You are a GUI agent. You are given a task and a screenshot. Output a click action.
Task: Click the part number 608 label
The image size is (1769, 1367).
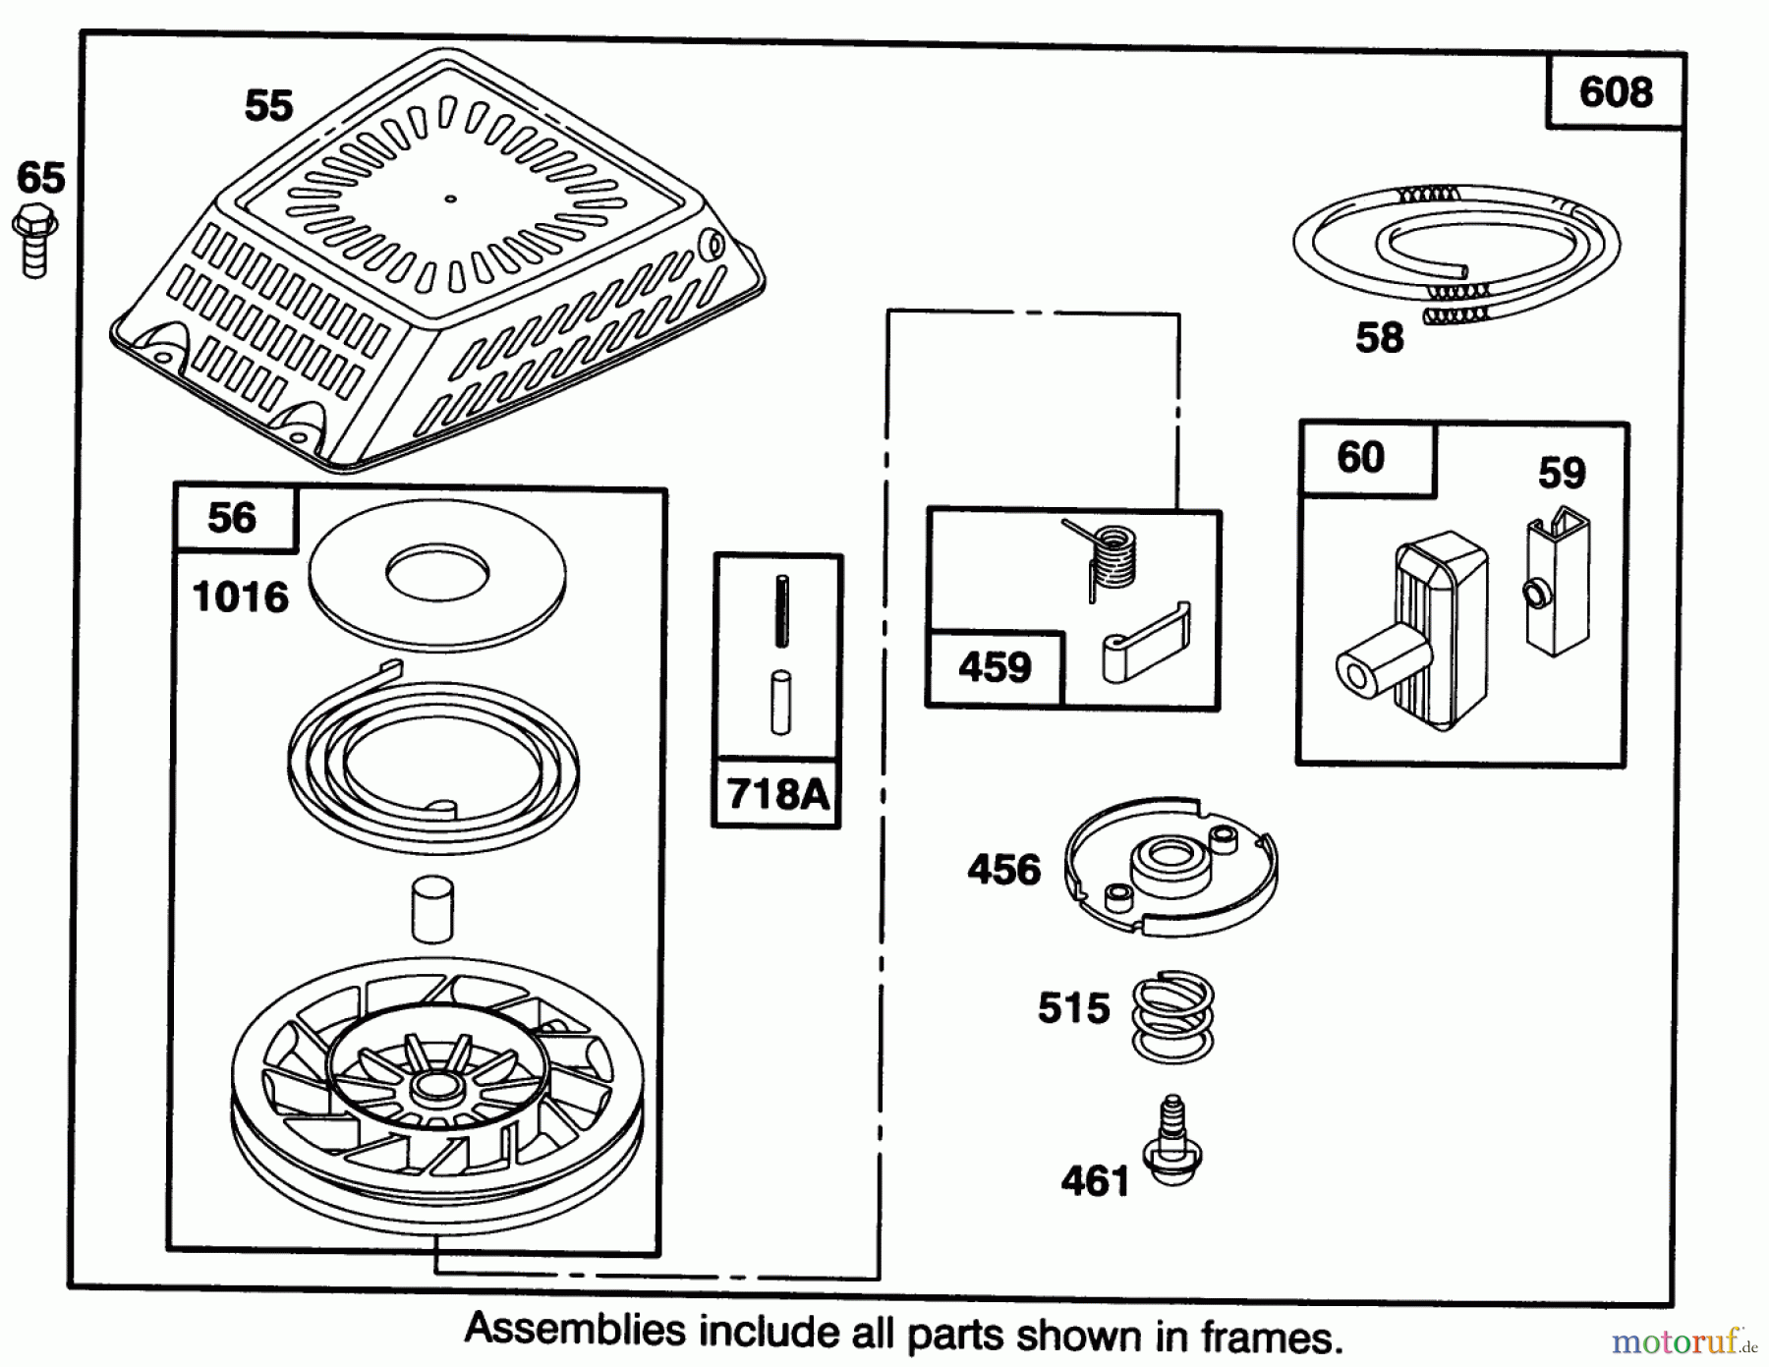coord(1616,92)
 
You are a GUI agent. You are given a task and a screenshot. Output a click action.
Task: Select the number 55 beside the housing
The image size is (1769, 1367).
coord(268,105)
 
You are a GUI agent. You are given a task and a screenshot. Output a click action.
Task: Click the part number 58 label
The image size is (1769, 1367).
coord(1379,338)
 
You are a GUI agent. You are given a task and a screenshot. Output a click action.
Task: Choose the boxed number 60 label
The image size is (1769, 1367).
coord(1361,458)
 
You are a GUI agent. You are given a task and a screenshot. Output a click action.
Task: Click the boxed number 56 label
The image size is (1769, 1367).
coord(232,518)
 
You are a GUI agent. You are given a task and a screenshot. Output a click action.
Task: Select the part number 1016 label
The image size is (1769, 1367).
coord(241,598)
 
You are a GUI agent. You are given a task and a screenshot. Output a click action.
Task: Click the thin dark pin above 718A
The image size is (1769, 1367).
coord(781,610)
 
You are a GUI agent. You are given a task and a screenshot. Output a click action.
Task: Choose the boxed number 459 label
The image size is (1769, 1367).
coord(995,668)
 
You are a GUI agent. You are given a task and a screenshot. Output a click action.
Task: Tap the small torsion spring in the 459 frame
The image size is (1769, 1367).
coord(1110,557)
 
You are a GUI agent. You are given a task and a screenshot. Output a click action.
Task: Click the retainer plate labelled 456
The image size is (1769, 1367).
coord(1170,865)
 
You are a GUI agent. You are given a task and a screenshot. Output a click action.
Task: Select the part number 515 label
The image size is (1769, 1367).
coord(1073,1008)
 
